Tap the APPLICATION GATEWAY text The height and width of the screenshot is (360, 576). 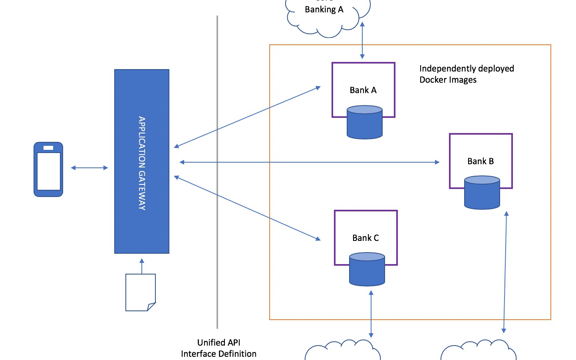(x=142, y=163)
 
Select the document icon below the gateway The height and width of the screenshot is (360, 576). (x=140, y=292)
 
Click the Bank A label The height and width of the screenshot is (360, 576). (x=363, y=90)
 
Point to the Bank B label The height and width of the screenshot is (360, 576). (x=481, y=161)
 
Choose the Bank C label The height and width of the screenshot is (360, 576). (x=365, y=238)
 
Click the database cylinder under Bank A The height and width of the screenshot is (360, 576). (x=365, y=123)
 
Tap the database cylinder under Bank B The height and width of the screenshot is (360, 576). (x=482, y=193)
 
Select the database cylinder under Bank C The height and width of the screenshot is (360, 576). (x=367, y=270)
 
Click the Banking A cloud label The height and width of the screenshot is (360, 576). (x=324, y=10)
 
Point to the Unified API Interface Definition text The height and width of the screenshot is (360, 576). (x=219, y=348)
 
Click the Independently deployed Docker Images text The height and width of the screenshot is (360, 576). (x=467, y=74)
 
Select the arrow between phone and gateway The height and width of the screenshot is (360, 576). (x=89, y=168)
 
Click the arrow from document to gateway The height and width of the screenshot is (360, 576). (x=142, y=266)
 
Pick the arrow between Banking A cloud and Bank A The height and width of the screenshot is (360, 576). (x=362, y=40)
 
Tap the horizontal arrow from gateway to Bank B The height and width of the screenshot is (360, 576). (x=310, y=162)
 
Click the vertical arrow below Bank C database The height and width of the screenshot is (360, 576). (x=371, y=314)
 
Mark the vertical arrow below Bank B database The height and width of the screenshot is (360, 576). (x=505, y=272)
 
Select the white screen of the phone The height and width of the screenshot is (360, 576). (x=49, y=171)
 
